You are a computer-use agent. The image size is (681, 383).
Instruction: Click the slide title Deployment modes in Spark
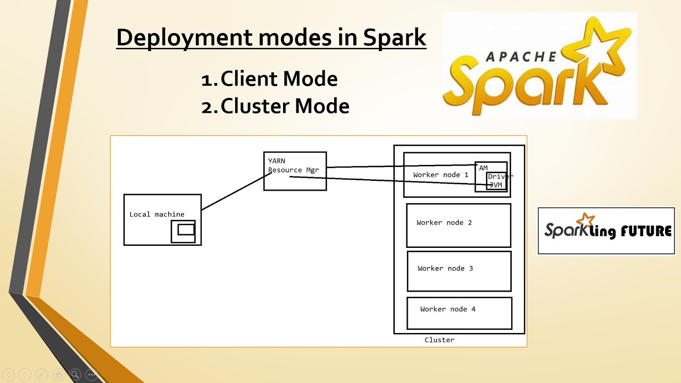click(271, 38)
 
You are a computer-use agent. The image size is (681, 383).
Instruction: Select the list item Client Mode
click(279, 79)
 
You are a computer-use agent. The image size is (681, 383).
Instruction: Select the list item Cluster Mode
click(285, 106)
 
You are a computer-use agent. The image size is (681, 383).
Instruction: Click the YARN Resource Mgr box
click(295, 171)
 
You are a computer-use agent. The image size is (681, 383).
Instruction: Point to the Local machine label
click(157, 214)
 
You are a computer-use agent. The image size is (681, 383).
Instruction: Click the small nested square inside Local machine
click(186, 230)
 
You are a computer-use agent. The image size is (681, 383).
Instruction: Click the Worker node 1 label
click(441, 175)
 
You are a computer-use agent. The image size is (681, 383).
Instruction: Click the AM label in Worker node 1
click(483, 168)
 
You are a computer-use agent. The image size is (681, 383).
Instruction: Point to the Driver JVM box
click(496, 181)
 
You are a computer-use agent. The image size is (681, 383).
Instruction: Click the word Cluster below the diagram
click(439, 340)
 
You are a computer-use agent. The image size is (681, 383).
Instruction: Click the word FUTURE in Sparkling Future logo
click(645, 231)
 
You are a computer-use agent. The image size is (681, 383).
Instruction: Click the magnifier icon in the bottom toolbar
click(75, 374)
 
